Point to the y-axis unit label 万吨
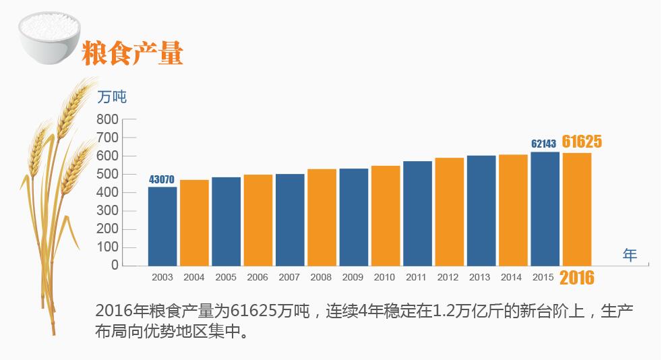pos(112,96)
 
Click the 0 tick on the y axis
pos(115,265)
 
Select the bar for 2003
pos(162,226)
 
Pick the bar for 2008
pos(322,217)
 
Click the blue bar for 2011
pos(417,213)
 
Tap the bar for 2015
pos(545,208)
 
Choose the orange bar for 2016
pos(577,209)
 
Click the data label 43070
pos(162,179)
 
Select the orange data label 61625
pos(582,142)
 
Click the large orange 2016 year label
pos(577,277)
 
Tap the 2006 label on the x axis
pos(258,277)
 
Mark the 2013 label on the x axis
pos(480,277)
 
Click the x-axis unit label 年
pos(630,255)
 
